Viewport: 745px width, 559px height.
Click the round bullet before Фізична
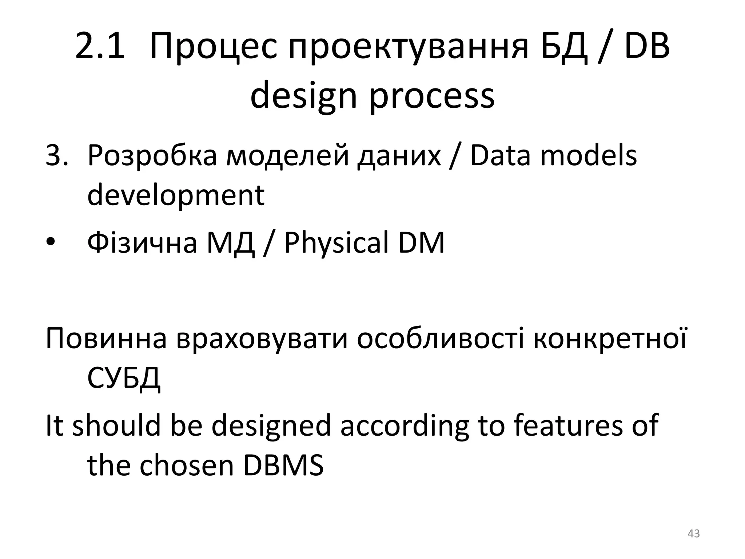point(51,242)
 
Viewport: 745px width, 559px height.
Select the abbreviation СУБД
point(124,378)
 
